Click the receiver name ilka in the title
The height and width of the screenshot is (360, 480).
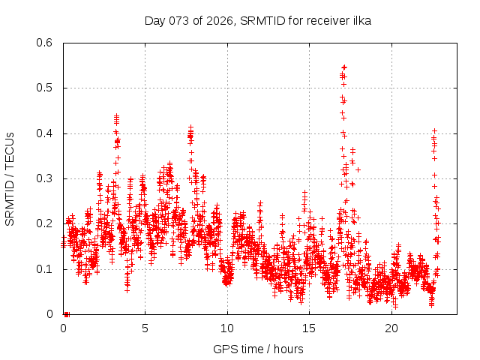coord(359,21)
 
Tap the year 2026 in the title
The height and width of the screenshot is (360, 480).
coord(219,21)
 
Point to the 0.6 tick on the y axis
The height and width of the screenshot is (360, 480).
coord(46,43)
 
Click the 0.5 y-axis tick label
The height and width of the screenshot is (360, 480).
coord(46,88)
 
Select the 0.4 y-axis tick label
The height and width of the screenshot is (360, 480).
coord(46,133)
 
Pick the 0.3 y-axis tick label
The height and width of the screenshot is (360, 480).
coord(46,178)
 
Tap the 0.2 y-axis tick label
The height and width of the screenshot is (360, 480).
coord(46,223)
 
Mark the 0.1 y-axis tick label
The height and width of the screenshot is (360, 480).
coord(46,268)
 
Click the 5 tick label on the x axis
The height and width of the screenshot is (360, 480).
coord(145,328)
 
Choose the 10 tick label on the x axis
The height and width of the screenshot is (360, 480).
coord(227,328)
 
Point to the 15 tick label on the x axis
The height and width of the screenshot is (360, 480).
coord(309,328)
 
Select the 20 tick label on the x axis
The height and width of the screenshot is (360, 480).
coord(391,328)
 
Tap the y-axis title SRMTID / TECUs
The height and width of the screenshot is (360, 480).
coord(10,178)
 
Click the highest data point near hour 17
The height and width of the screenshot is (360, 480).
coord(344,67)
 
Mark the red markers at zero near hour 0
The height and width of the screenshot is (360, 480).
coord(67,314)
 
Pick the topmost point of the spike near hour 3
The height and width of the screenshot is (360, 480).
coord(116,116)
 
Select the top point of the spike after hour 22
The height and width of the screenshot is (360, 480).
coord(433,130)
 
